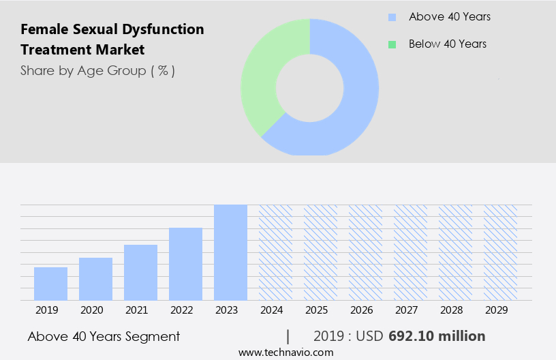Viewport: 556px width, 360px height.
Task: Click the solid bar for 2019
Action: [50, 284]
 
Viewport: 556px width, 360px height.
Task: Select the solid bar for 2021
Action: [140, 273]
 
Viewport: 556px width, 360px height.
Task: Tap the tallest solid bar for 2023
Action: [230, 252]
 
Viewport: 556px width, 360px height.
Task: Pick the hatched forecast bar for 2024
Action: [275, 252]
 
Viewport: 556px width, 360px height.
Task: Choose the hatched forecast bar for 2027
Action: [410, 252]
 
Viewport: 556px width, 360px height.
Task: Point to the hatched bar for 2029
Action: [500, 252]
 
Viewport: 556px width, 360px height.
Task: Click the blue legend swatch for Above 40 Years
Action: [392, 17]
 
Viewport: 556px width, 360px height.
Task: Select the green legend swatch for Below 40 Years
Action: [392, 44]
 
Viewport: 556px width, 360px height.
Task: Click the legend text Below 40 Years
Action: [448, 44]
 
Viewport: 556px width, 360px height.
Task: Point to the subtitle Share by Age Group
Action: [97, 70]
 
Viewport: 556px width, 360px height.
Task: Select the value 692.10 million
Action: [437, 336]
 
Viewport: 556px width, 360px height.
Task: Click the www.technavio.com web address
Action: [285, 352]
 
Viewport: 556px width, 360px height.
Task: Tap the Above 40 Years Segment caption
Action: [104, 336]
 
